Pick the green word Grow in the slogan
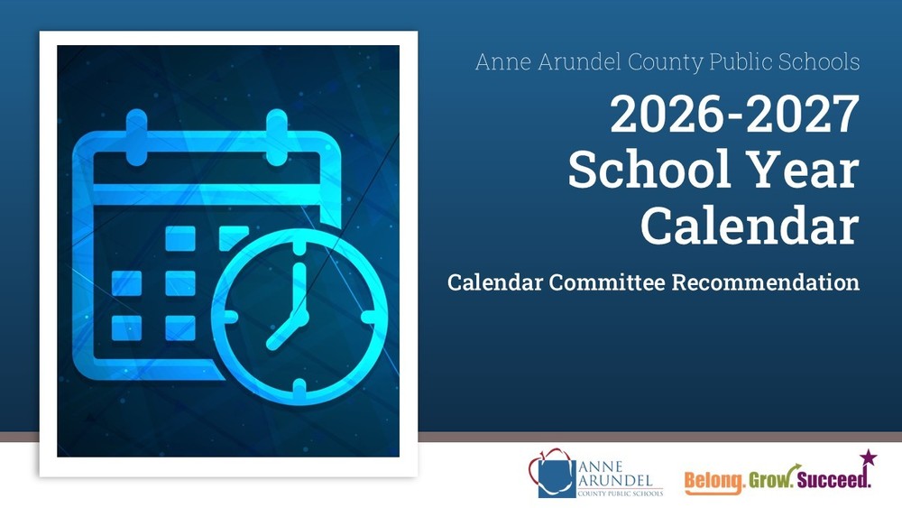coord(770,478)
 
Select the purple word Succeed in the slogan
coord(833,478)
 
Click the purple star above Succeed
coord(868,457)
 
